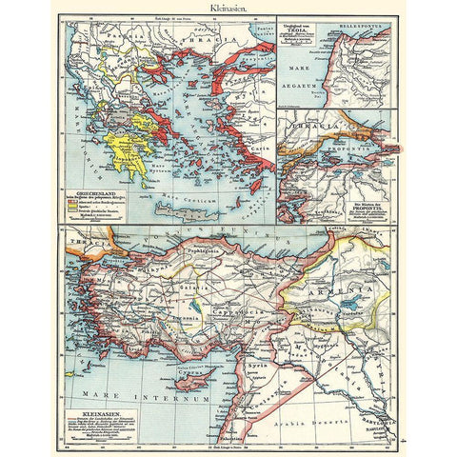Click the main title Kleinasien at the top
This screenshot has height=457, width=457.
point(228,8)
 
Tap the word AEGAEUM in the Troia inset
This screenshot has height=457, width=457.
point(306,84)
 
